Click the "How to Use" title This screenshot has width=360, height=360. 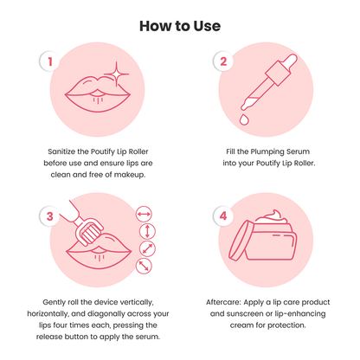179,26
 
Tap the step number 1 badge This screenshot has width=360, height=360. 51,62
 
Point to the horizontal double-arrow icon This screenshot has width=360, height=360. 144,213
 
